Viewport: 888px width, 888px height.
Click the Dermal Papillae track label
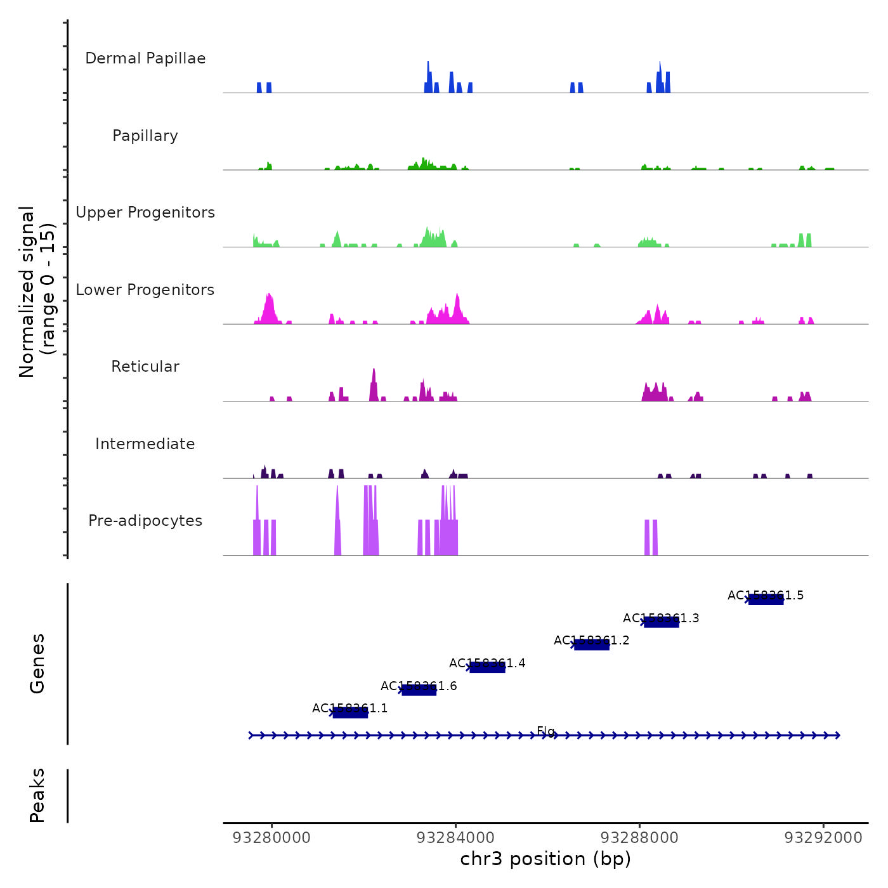[x=145, y=58]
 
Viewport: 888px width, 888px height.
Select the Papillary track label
[x=145, y=136]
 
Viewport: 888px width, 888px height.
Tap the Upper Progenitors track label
[x=145, y=212]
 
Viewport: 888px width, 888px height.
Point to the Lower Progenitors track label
[x=145, y=290]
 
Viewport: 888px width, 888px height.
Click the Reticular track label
[x=145, y=367]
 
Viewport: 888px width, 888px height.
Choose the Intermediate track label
[x=145, y=444]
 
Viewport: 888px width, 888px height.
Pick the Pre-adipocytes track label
[x=145, y=521]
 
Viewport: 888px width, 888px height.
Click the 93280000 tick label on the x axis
[x=272, y=838]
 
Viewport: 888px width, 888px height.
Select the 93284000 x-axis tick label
[x=456, y=838]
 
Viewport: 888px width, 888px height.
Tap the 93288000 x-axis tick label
[x=639, y=838]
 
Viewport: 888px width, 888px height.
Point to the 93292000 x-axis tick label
[x=823, y=838]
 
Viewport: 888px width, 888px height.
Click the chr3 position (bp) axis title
[x=545, y=859]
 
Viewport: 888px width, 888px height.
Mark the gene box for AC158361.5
[x=766, y=600]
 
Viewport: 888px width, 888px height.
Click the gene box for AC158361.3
[x=662, y=622]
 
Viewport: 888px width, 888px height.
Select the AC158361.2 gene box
[x=592, y=645]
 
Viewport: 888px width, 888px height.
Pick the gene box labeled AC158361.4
[x=487, y=667]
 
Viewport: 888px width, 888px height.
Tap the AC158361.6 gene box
[x=419, y=690]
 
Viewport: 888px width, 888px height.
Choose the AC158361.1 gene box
[x=350, y=713]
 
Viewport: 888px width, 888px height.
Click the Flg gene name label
[x=545, y=731]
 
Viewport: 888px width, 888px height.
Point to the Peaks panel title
[x=37, y=795]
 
